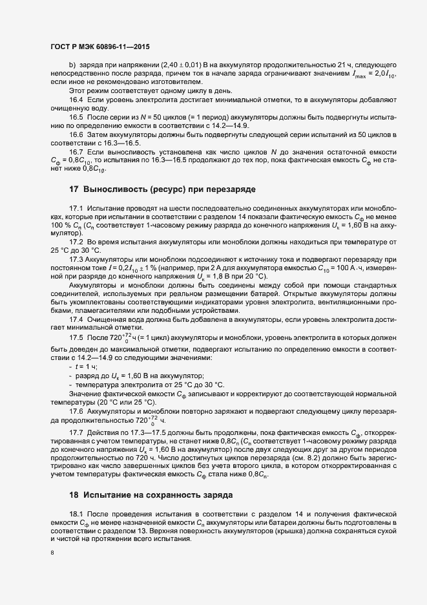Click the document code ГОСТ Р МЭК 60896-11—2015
pos(95,47)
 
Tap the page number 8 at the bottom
pos(52,553)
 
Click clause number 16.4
pos(77,100)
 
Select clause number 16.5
pos(77,116)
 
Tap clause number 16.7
pos(77,151)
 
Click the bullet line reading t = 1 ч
pos(84,366)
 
